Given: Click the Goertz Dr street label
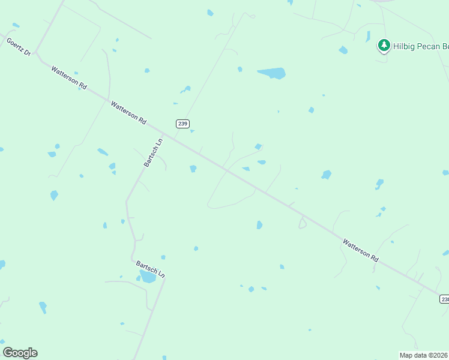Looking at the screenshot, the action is pos(18,46).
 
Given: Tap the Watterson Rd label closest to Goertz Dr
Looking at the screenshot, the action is pos(69,78).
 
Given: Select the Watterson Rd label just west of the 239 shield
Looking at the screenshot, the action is pos(128,112).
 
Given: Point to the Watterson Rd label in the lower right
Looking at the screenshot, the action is pos(361,250).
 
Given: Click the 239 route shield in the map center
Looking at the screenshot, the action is pos(183,124).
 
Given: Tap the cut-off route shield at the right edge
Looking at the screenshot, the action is pos(444,299).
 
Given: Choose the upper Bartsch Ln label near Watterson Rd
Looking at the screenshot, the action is pos(154,153).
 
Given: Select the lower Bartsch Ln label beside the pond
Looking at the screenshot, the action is pos(150,268).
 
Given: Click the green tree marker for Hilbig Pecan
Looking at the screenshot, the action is pos(384,46).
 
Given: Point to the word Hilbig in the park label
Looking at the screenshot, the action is pos(405,46).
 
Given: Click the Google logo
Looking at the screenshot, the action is pos(20,353).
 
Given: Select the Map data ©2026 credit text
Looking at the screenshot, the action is pos(424,355).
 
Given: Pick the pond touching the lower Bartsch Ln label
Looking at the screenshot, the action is pos(148,277).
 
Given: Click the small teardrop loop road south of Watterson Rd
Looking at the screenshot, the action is pos(302,223).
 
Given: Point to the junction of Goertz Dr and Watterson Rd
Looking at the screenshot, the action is pos(37,54).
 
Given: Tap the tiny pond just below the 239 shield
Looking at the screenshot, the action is pos(192,131).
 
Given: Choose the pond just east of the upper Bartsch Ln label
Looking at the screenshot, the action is pos(193,169).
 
